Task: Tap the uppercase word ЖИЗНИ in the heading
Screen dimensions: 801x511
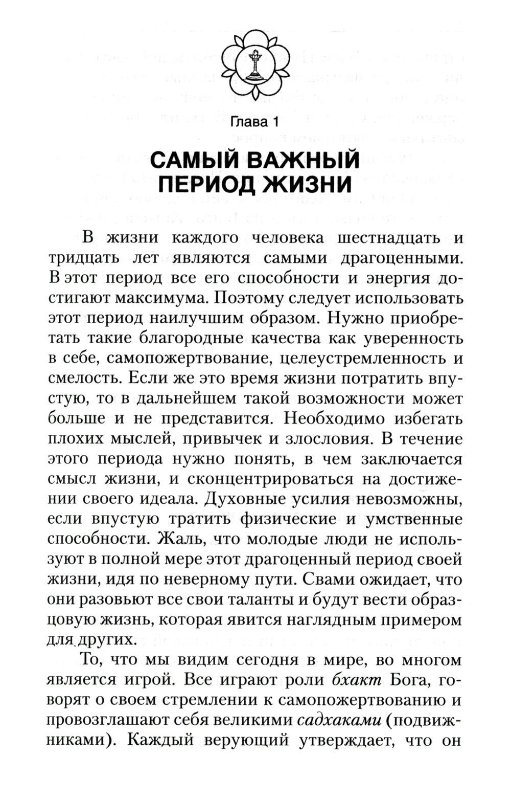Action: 310,184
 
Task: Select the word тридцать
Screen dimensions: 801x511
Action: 82,258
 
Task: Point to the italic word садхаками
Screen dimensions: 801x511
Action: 340,720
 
